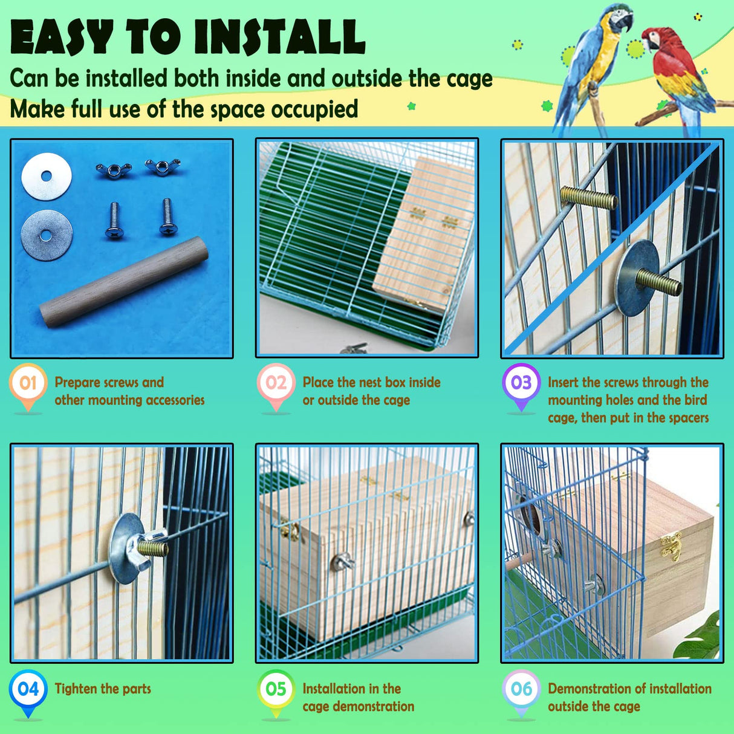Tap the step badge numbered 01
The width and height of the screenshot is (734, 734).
[x=28, y=383]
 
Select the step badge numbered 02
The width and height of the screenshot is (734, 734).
[x=276, y=383]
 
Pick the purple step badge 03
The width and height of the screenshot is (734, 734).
[x=521, y=383]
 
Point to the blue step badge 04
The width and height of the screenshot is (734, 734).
[x=28, y=689]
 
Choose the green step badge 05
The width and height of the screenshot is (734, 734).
[x=276, y=689]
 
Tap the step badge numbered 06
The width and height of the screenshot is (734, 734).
[x=521, y=689]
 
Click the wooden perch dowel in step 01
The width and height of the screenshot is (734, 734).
[x=124, y=282]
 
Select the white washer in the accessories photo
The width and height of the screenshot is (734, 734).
[x=47, y=177]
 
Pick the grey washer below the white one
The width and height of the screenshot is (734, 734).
[x=47, y=235]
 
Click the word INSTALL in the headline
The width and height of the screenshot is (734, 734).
[x=279, y=37]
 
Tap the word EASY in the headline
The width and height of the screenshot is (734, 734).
[x=62, y=37]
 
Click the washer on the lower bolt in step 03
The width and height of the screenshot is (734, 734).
[x=638, y=278]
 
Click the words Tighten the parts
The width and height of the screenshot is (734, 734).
[x=103, y=689]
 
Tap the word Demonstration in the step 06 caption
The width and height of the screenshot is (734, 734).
[x=585, y=689]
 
